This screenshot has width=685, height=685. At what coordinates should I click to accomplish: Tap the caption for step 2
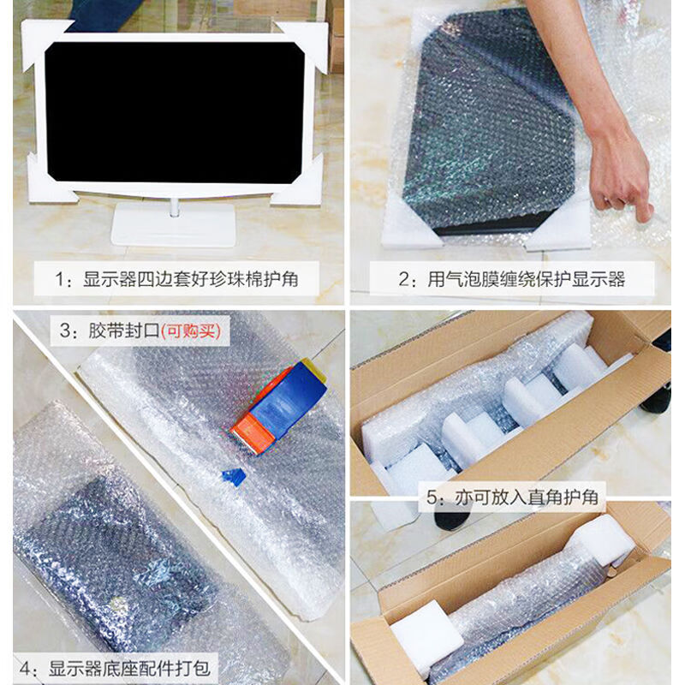pos(514,279)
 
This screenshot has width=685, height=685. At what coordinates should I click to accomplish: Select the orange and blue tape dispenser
pos(278,402)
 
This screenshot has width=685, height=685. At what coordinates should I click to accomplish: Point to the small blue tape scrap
pos(233,475)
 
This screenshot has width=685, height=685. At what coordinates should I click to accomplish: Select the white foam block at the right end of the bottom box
pos(603,537)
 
